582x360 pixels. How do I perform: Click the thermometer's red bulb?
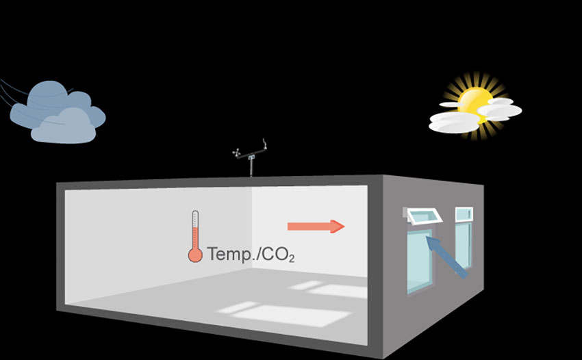click(x=195, y=255)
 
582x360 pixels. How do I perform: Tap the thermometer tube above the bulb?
click(x=195, y=229)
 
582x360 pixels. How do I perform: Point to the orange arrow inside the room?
click(x=315, y=227)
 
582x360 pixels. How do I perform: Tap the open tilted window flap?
click(x=425, y=218)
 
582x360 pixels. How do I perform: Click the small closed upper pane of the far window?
click(x=464, y=214)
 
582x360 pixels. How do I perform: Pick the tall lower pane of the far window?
click(x=463, y=245)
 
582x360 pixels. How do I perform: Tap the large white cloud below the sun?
click(x=455, y=122)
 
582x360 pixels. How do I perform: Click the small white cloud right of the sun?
click(x=500, y=110)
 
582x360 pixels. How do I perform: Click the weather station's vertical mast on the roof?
click(x=251, y=166)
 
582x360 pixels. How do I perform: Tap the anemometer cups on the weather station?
click(x=238, y=153)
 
